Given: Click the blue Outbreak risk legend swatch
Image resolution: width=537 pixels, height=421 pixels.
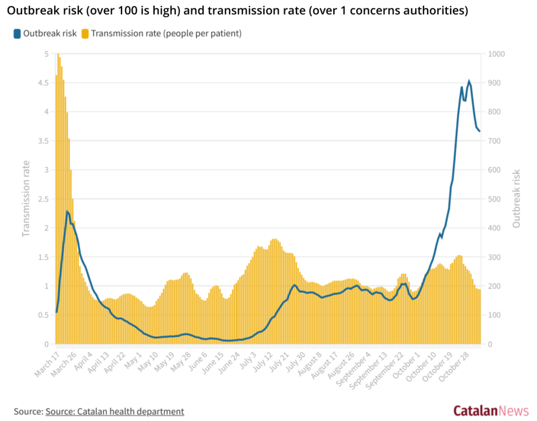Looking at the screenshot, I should point(17,34).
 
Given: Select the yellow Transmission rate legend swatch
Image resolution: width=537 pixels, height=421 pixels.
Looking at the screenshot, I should point(85,34).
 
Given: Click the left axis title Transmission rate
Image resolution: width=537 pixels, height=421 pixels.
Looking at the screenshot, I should point(26,199).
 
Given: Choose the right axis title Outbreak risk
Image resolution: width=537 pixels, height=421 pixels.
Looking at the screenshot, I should point(517,199).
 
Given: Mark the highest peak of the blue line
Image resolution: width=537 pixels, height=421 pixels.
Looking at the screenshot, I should point(469,81).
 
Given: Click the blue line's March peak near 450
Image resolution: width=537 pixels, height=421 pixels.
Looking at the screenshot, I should point(67,211).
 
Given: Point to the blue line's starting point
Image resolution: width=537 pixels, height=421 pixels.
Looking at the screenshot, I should point(56,312).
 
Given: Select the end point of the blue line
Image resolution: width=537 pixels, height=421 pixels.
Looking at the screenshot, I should point(479,131).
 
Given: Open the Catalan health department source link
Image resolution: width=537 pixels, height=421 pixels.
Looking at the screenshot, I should point(115,412).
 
